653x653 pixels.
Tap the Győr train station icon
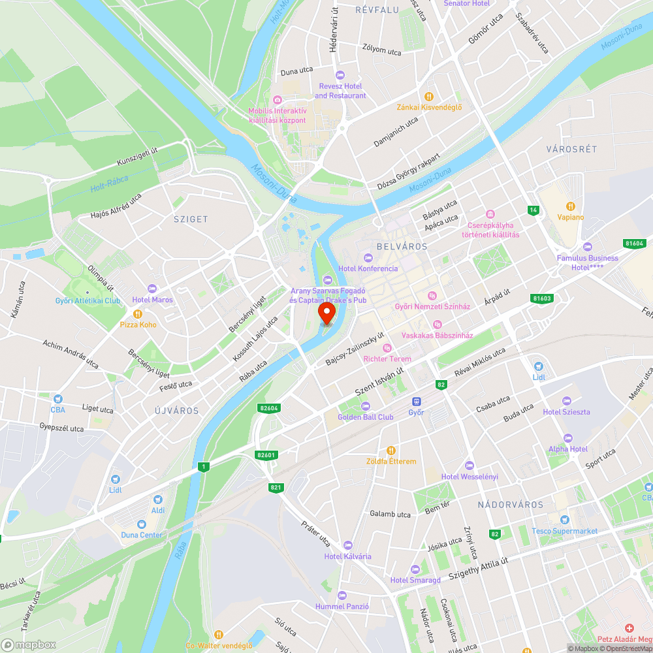click(416, 401)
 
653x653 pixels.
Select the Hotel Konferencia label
click(368, 268)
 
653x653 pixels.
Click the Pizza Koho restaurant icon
click(138, 313)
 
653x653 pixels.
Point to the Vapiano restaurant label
click(571, 217)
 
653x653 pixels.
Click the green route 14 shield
click(534, 210)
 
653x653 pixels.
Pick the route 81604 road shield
click(633, 243)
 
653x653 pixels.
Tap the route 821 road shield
click(276, 487)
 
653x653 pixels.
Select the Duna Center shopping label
click(142, 535)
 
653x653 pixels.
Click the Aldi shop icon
click(158, 499)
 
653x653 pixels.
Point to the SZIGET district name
click(191, 219)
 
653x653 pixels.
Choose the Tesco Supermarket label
click(564, 531)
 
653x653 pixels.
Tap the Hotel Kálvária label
click(347, 556)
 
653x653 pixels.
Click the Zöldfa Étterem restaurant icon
click(390, 450)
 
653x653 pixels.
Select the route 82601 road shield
click(266, 455)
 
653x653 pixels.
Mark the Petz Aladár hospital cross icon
click(630, 628)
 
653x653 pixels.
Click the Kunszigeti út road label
click(137, 156)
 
